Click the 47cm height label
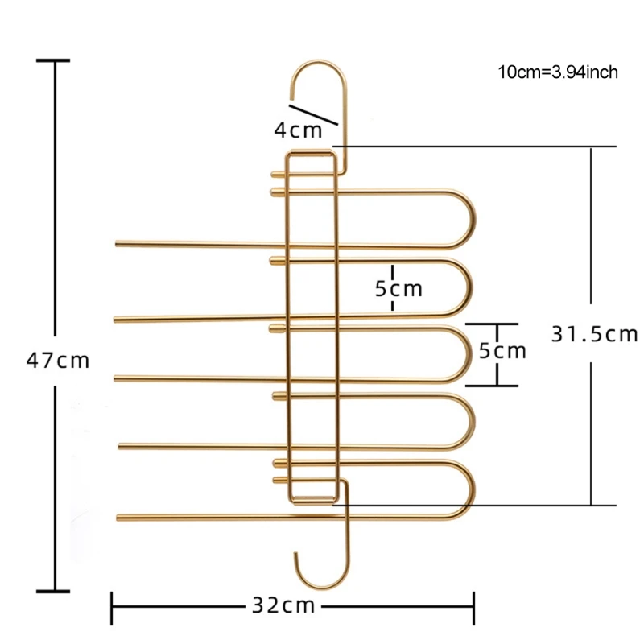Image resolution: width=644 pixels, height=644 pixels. [x=58, y=360]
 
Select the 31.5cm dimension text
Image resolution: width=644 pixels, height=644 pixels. [x=594, y=333]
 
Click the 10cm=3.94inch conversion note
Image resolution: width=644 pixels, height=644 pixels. [x=558, y=72]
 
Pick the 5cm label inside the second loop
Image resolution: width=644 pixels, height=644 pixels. [x=398, y=288]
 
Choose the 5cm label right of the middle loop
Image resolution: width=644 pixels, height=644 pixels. [x=502, y=351]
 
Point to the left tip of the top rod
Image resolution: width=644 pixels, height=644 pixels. [x=118, y=242]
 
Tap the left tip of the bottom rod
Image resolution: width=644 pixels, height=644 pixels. [x=120, y=515]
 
